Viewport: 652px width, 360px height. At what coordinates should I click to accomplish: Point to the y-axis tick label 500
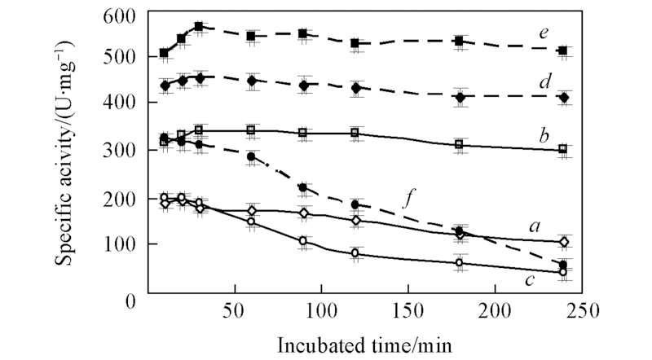coord(119,58)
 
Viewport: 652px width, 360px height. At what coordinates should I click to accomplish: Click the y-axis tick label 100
coord(119,245)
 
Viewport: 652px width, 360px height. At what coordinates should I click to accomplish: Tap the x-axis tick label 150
coord(407,310)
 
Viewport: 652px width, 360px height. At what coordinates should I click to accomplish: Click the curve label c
coord(530,281)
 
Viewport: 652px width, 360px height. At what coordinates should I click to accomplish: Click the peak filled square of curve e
coord(199,26)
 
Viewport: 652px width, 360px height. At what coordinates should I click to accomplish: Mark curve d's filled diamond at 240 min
coord(563,97)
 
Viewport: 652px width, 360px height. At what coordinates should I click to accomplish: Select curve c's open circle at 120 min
coord(355,253)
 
